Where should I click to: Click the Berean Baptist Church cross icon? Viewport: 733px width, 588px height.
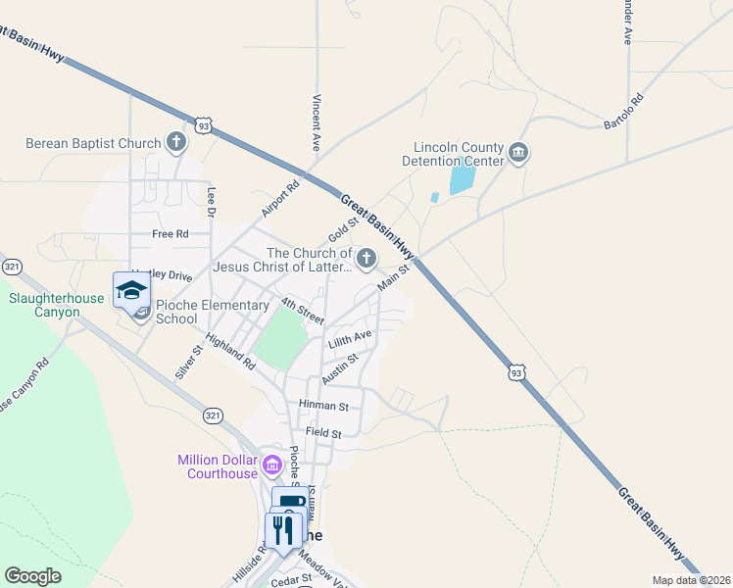(x=176, y=143)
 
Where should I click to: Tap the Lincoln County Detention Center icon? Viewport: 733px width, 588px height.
(x=518, y=154)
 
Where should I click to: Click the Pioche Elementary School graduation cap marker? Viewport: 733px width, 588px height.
(x=131, y=289)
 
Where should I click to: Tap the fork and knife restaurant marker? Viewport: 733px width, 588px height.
(x=283, y=531)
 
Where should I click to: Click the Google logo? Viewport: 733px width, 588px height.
(x=32, y=576)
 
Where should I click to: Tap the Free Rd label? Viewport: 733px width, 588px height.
(x=170, y=234)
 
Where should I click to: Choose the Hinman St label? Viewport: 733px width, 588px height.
(x=324, y=405)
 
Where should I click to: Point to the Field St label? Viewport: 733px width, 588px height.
(x=322, y=432)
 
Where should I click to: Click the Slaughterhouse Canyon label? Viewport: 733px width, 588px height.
(x=44, y=305)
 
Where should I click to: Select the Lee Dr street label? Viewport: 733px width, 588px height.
(x=211, y=202)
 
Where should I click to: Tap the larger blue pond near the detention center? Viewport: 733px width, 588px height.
(x=462, y=179)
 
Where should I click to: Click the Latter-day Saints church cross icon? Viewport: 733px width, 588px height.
(x=366, y=259)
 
